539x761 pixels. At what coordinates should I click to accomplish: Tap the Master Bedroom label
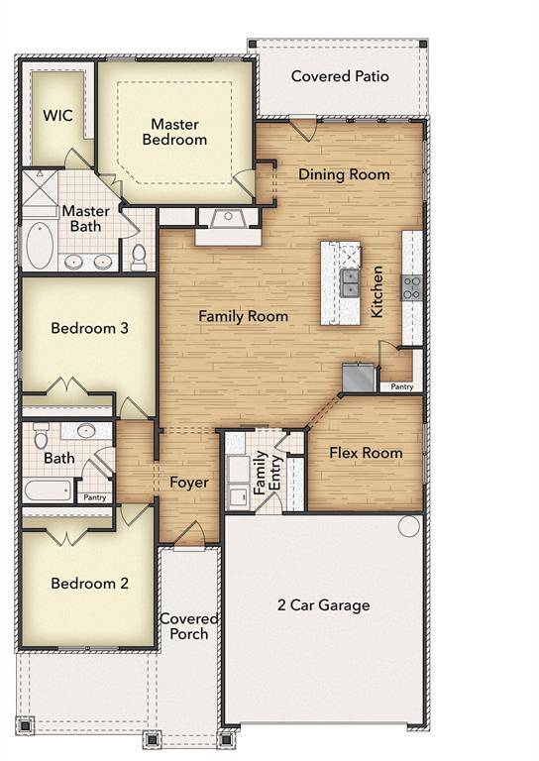coord(175,132)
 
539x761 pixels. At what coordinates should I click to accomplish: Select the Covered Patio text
coord(340,76)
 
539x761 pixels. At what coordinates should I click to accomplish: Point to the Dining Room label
coord(344,174)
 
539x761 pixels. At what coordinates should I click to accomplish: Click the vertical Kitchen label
coord(377,290)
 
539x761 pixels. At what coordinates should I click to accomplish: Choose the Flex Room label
coord(366,453)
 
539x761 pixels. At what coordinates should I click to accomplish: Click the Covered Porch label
coord(189,626)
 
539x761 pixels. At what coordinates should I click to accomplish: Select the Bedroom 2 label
coord(89,584)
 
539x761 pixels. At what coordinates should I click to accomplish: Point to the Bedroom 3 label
coord(89,328)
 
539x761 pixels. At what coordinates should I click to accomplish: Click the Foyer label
coord(188,483)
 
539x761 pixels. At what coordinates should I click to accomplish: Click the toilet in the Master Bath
coord(139,258)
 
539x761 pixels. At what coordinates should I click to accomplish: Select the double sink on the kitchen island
coord(349,282)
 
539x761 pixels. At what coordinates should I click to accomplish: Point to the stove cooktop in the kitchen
coord(412,287)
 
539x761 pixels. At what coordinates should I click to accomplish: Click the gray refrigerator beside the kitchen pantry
coord(357,377)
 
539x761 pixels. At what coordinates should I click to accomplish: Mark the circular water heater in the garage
coord(409,525)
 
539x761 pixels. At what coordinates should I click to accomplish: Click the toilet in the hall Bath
coord(42,436)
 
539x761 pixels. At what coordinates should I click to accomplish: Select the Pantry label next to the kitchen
coord(402,386)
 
